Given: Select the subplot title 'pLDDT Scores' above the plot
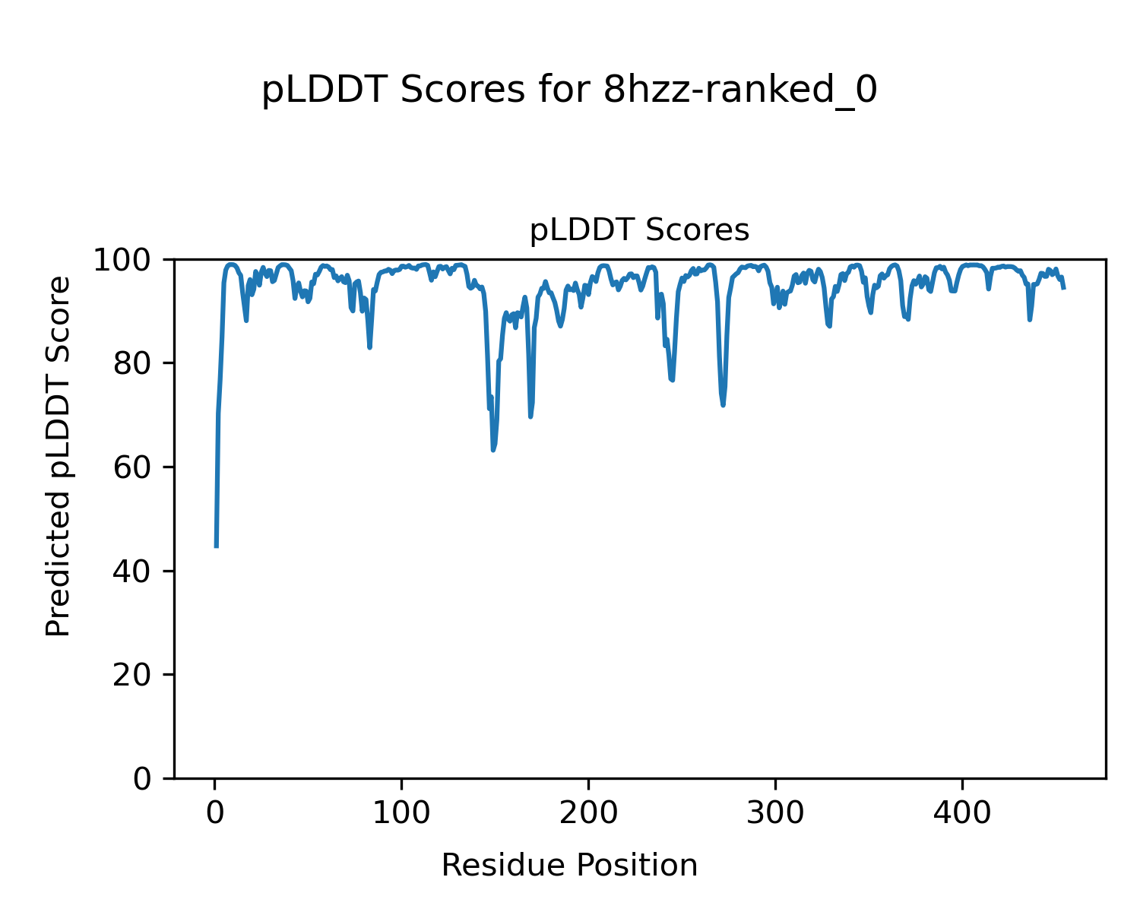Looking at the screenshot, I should [x=639, y=230].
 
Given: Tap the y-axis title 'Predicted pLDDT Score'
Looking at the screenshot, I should [x=58, y=456].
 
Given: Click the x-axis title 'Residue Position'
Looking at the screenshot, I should [x=569, y=866].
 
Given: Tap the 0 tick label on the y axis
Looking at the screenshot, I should [x=141, y=778].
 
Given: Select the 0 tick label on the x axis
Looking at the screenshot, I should [x=215, y=813].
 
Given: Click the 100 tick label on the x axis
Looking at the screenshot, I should [x=401, y=813].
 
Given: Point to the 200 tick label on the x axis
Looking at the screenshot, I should [x=588, y=813].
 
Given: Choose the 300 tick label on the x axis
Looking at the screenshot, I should [x=775, y=813].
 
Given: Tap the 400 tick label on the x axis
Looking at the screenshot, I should [x=962, y=813].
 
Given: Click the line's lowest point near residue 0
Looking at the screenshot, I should [x=217, y=546].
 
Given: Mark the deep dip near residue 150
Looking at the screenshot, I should [x=493, y=450].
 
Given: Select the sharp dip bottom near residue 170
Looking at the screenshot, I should [x=530, y=416].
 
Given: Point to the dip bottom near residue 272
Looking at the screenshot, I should [x=723, y=404].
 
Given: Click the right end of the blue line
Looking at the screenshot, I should [x=1064, y=288].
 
